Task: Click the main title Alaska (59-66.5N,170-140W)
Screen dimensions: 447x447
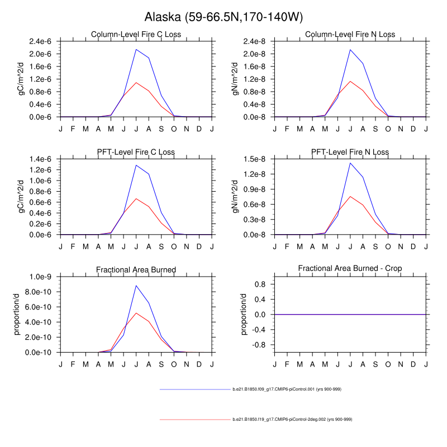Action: point(223,17)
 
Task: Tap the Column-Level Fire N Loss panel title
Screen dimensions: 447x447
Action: point(350,35)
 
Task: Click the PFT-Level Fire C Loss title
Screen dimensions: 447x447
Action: point(136,152)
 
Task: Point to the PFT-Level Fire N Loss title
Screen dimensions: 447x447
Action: point(350,152)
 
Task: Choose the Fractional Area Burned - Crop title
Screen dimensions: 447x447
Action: point(350,269)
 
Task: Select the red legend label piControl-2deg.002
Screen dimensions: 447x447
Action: point(292,419)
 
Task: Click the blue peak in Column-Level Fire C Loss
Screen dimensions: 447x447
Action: point(136,49)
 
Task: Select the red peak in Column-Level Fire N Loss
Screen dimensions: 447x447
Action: point(350,81)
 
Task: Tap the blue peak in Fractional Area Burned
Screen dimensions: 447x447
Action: point(136,286)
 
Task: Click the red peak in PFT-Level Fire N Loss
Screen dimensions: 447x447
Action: point(350,196)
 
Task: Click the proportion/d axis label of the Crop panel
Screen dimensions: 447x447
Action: point(244,315)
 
